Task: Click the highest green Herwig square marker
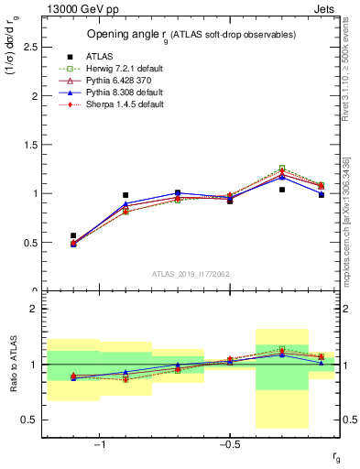(282, 169)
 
